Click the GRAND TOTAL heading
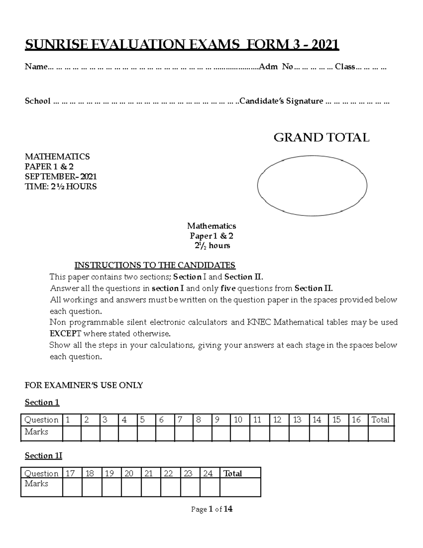(x=321, y=138)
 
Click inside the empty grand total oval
(x=312, y=185)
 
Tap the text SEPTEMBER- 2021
(x=61, y=176)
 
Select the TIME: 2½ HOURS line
(x=61, y=186)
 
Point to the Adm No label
(x=276, y=67)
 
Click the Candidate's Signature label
(x=281, y=101)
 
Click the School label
(x=37, y=101)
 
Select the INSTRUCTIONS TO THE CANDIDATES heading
(x=155, y=265)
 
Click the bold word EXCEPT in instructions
(x=66, y=333)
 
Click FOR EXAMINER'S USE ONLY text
(x=84, y=385)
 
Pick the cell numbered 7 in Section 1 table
(x=184, y=420)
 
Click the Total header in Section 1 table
(x=380, y=420)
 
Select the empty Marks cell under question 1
(x=72, y=433)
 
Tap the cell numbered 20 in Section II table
(x=131, y=473)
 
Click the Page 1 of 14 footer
(x=211, y=509)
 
